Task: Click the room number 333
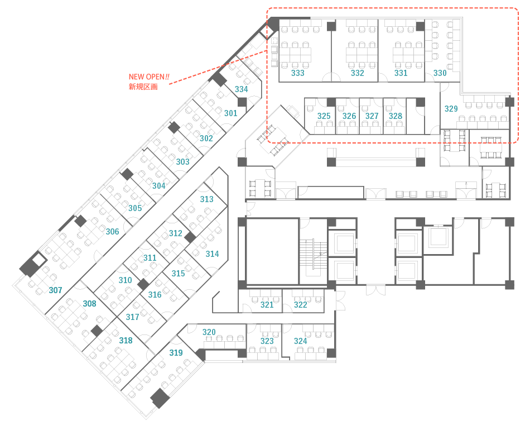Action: pos(298,73)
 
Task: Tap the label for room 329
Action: pos(451,109)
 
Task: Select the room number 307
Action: pos(55,290)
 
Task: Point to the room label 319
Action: pos(176,353)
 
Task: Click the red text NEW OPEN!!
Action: pos(149,77)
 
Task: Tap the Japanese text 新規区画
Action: pos(143,87)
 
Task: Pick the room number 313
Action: pos(206,199)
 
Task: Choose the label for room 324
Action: pos(301,341)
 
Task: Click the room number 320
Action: pos(209,332)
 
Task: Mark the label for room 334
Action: pos(242,89)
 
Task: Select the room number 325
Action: pos(324,116)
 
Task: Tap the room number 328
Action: pos(396,116)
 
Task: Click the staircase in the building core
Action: pos(314,254)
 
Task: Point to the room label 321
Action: pos(267,305)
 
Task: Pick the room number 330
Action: pos(440,73)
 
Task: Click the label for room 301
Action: pos(231,113)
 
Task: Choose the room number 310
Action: pos(125,280)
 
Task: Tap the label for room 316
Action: pos(155,295)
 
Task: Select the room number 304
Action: pos(159,186)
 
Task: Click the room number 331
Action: pos(401,73)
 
